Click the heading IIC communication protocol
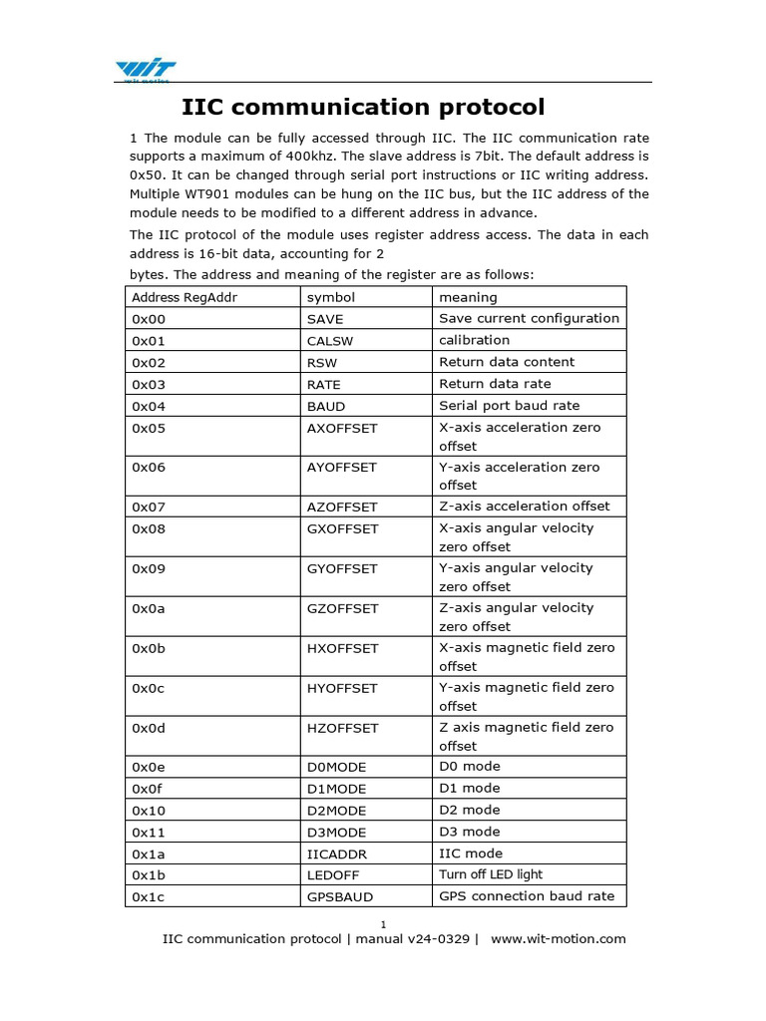tap(363, 107)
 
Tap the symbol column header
tap(331, 297)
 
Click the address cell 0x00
tap(149, 319)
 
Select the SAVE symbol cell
tap(325, 319)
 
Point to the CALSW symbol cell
tap(331, 341)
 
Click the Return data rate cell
tap(495, 384)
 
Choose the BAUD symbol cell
tap(326, 406)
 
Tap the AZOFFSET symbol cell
tap(342, 507)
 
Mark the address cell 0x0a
tap(149, 608)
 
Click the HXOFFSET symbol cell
tap(343, 648)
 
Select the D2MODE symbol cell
tap(336, 811)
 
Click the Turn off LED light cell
tap(491, 874)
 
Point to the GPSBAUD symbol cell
tap(340, 896)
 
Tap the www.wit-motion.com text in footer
tap(559, 938)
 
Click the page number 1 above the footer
tap(383, 923)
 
